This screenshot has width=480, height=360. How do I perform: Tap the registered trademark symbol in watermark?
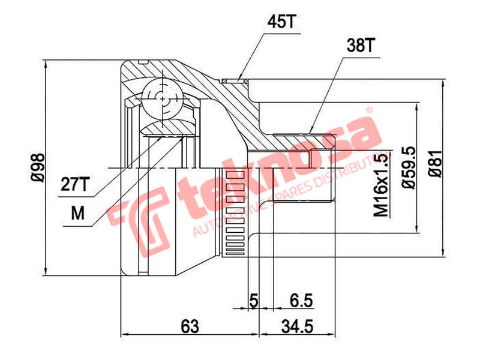coord(370,111)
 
